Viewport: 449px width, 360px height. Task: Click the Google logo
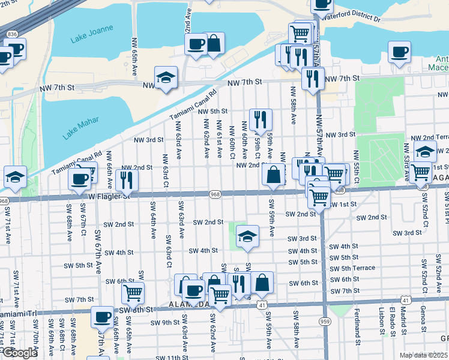(19, 353)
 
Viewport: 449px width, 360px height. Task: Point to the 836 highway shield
(12, 35)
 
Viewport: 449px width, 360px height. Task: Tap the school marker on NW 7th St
(166, 77)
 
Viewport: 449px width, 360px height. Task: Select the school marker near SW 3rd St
(246, 236)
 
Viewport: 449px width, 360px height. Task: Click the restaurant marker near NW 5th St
(261, 119)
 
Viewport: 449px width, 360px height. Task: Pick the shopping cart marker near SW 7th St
(133, 293)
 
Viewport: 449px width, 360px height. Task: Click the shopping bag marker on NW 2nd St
(273, 175)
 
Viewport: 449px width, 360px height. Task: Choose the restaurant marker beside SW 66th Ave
(127, 179)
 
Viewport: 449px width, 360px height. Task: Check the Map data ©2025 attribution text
(423, 355)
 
